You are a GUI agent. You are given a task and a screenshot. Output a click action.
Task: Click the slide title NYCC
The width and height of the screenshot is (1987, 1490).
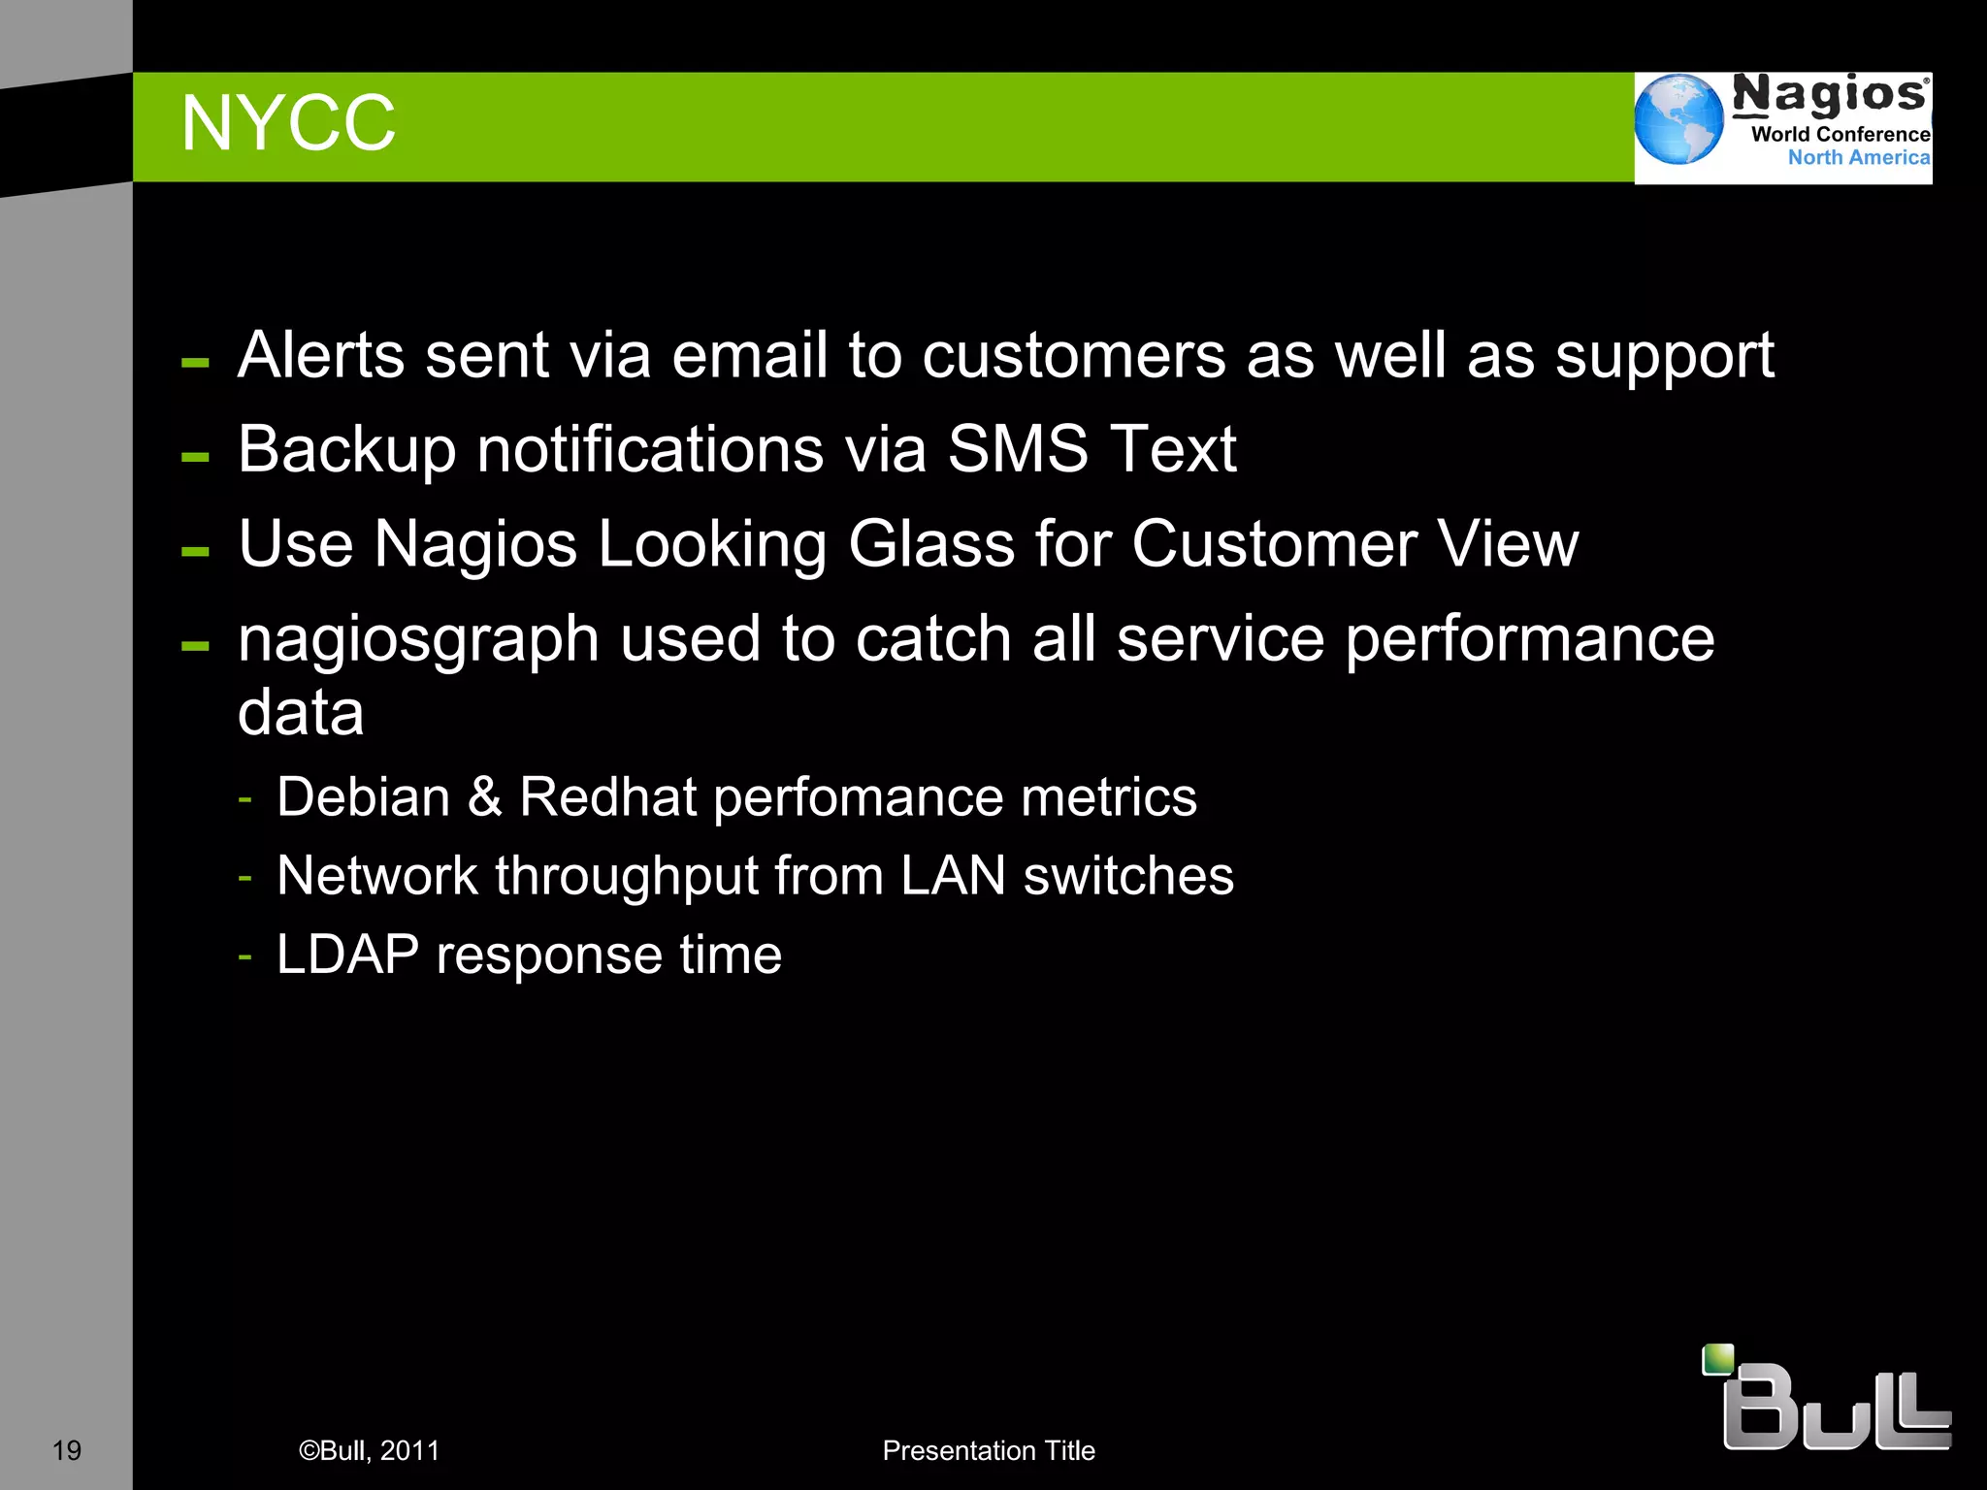click(288, 124)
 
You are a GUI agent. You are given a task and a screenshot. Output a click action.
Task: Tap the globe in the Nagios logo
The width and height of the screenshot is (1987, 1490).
click(1678, 119)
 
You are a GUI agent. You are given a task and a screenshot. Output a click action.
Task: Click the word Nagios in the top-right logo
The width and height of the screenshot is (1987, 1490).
click(1830, 95)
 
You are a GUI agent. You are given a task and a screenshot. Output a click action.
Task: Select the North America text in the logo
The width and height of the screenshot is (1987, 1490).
click(1858, 157)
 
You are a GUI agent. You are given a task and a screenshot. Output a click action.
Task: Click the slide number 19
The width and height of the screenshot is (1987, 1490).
click(66, 1450)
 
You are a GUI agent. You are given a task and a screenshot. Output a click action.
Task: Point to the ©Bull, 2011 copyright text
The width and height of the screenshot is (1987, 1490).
click(369, 1450)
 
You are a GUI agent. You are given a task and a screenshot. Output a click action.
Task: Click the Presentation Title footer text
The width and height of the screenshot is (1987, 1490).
click(989, 1450)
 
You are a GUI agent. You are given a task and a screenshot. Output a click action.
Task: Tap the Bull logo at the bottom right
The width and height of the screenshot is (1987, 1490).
click(1829, 1402)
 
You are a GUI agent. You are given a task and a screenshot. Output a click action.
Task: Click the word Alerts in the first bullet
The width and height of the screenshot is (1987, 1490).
click(321, 355)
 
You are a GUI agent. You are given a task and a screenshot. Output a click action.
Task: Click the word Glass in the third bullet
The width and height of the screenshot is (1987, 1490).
click(931, 543)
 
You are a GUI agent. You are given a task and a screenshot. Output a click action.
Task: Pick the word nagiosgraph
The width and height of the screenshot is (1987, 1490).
click(418, 639)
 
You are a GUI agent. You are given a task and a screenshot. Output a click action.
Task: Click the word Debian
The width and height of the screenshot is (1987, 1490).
click(363, 797)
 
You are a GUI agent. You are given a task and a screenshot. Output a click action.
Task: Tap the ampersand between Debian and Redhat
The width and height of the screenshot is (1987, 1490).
click(484, 797)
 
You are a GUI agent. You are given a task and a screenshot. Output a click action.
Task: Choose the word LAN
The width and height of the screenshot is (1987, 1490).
click(953, 876)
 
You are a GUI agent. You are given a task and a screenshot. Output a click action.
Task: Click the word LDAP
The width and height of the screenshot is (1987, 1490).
click(347, 955)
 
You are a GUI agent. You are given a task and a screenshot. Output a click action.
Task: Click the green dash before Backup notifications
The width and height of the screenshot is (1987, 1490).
click(195, 456)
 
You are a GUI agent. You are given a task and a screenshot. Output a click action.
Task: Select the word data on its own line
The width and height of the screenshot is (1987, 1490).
click(301, 713)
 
